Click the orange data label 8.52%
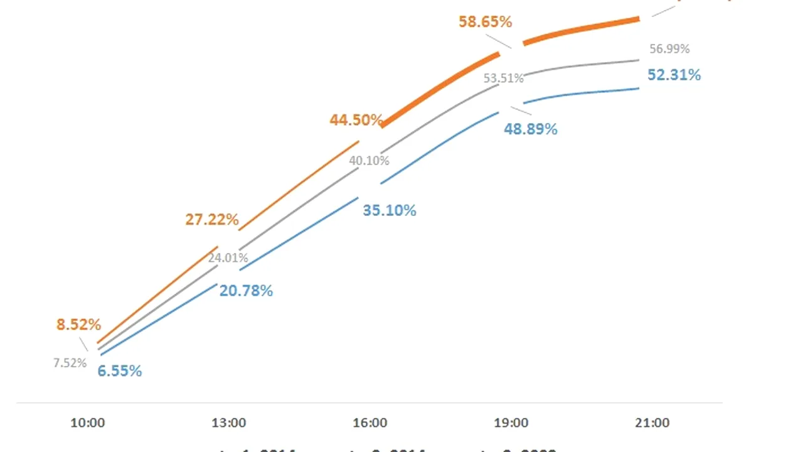tap(78, 325)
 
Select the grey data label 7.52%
tap(70, 363)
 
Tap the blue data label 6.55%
tap(119, 371)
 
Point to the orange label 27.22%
tap(212, 220)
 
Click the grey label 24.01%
tap(228, 257)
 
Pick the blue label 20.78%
tap(246, 291)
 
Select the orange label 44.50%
tap(356, 120)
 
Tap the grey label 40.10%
tap(369, 161)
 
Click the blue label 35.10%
tap(390, 210)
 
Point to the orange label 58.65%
tap(485, 22)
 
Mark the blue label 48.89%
tap(531, 129)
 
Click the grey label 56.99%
tap(669, 48)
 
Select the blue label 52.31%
tap(674, 75)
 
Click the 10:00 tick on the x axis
tap(88, 423)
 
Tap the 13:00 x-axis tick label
tap(229, 423)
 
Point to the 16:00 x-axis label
tap(370, 423)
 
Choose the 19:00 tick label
tap(511, 423)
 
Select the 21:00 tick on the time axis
tap(652, 423)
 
